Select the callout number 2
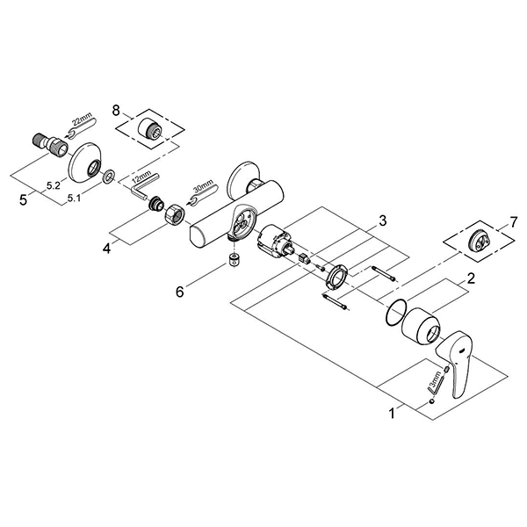point(472,279)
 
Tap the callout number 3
point(383,220)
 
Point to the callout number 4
point(105,249)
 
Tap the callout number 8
point(116,112)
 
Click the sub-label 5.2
point(54,186)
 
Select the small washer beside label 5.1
point(107,180)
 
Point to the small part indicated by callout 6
point(233,261)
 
